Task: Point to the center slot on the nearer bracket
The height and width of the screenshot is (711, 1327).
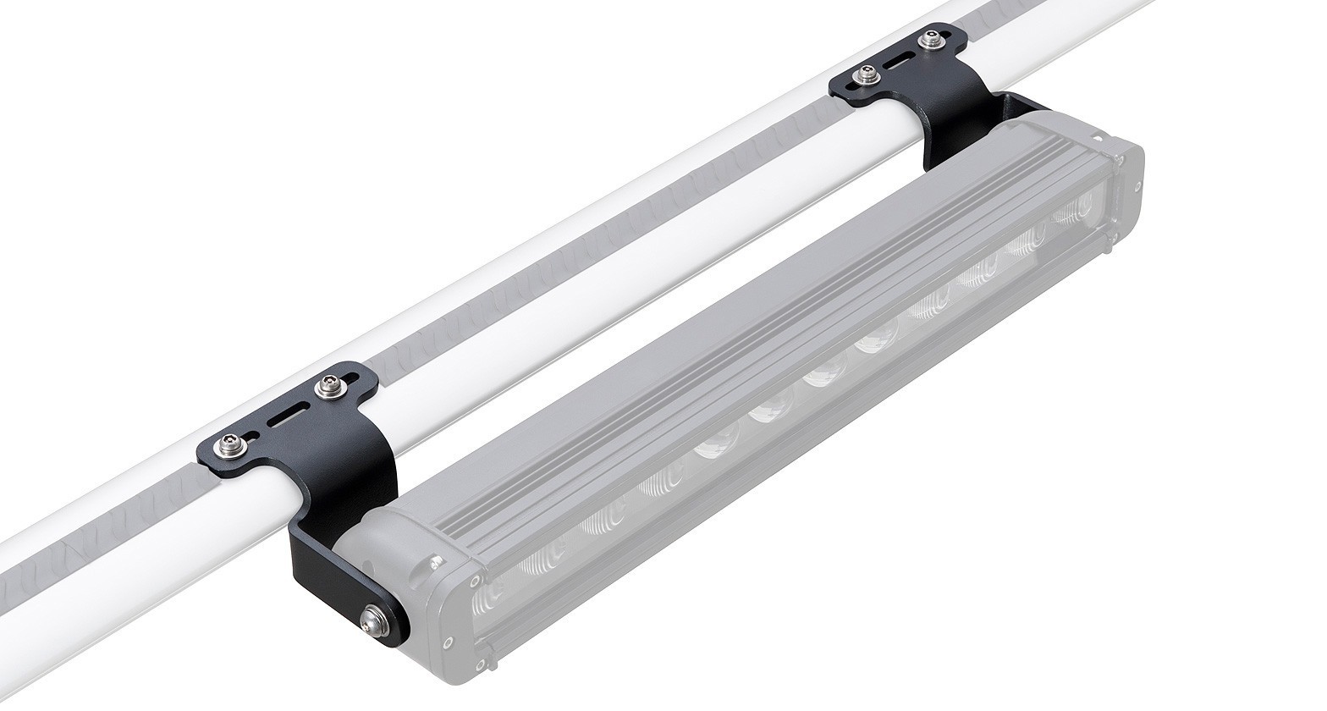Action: (278, 416)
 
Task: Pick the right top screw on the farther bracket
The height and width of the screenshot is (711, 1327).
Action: (933, 38)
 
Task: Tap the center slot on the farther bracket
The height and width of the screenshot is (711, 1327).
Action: (898, 58)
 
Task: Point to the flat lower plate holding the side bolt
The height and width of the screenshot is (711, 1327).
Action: (339, 584)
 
